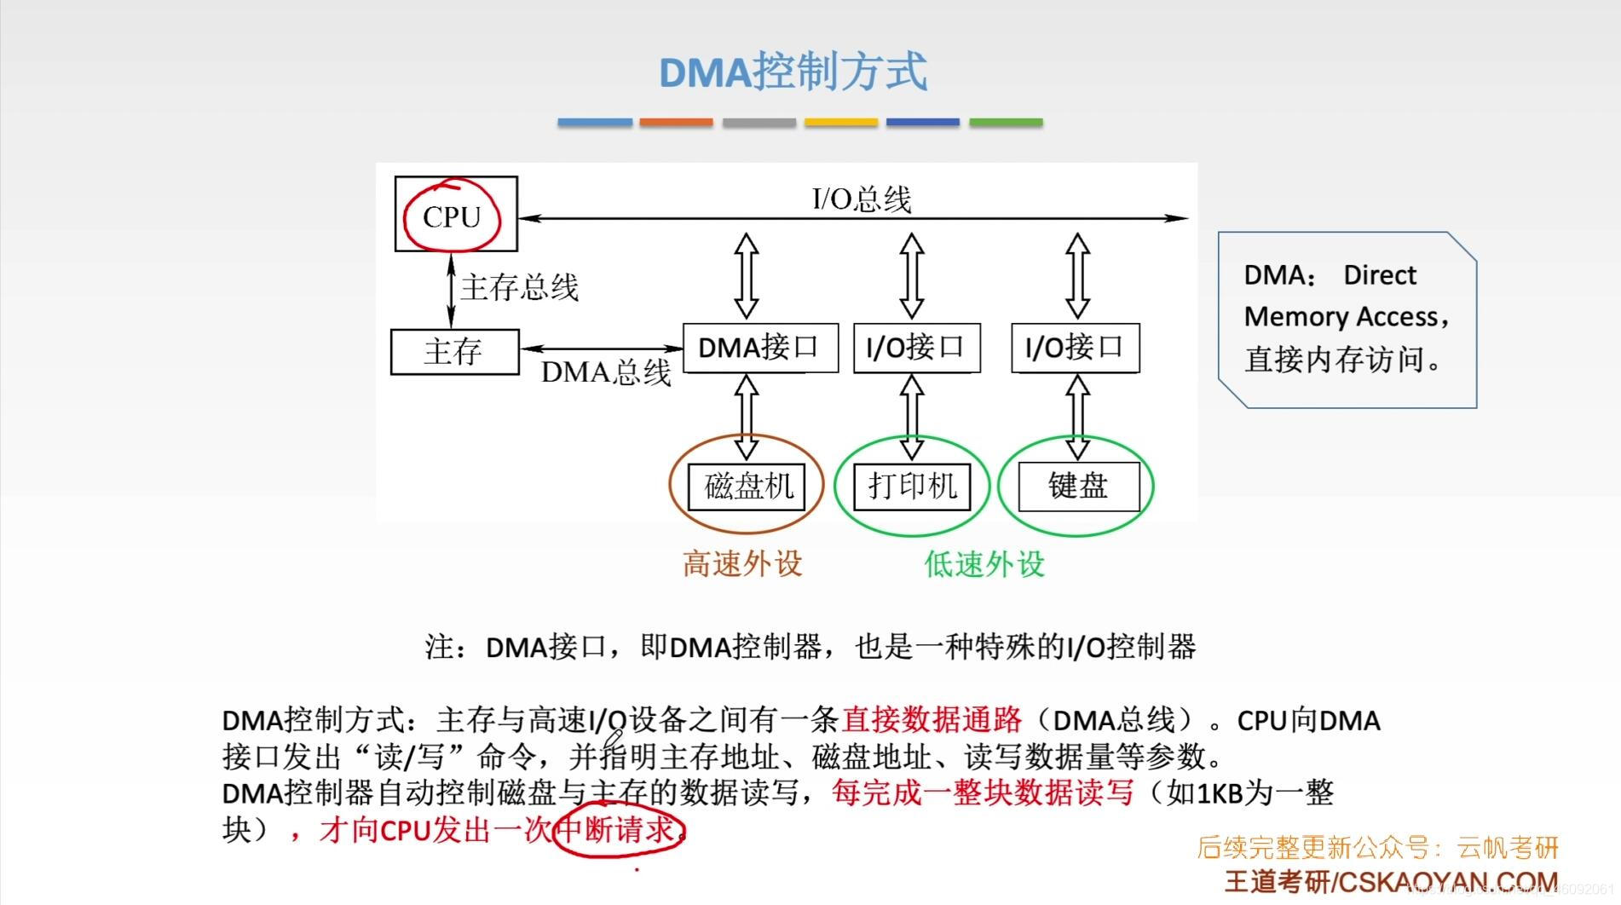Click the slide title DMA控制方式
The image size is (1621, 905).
point(793,72)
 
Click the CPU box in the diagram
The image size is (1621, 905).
point(455,215)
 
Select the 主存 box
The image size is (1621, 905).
point(454,351)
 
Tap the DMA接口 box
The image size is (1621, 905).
point(759,348)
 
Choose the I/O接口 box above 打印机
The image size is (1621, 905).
point(916,348)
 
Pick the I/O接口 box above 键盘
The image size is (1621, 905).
point(1075,348)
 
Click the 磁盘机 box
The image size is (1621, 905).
point(747,486)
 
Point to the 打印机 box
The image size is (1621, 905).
point(913,486)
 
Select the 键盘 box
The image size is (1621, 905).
point(1078,486)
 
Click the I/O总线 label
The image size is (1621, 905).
point(862,199)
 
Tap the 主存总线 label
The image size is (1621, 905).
point(519,287)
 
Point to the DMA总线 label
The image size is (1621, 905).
point(606,372)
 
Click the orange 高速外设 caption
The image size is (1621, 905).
point(742,563)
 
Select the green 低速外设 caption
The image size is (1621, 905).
point(984,563)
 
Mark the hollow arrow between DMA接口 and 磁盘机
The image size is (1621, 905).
point(747,418)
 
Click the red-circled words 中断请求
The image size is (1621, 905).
point(619,829)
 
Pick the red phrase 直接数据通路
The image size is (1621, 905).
point(932,720)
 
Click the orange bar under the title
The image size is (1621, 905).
point(676,123)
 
